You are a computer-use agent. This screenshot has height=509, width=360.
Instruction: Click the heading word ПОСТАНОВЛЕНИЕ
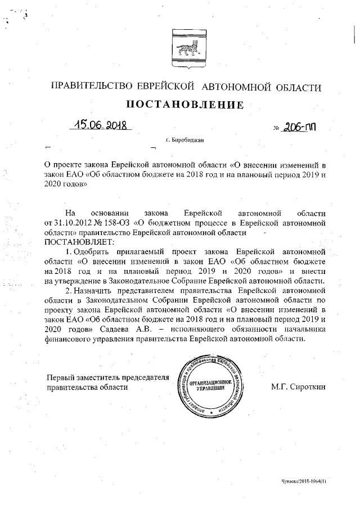(184, 105)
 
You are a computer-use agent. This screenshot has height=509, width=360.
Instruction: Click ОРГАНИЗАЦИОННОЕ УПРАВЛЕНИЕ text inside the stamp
(210, 385)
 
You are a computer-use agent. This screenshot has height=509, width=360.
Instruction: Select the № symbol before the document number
(276, 128)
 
